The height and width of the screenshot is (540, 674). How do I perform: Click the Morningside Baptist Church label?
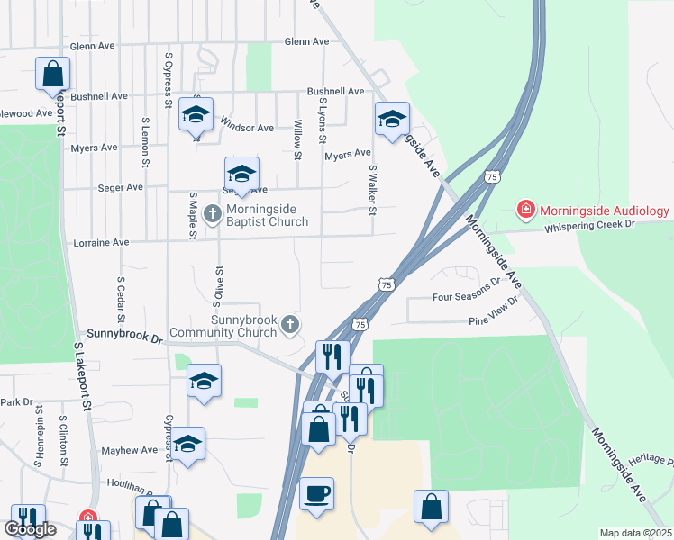coord(267,214)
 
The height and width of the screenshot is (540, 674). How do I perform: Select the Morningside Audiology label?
coord(605,211)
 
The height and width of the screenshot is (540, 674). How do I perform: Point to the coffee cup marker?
coord(316,494)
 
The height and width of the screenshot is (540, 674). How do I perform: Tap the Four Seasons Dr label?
coord(466,295)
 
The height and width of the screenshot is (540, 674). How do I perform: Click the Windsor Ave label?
coord(246,128)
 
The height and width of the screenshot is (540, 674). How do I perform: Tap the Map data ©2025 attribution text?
coord(636,533)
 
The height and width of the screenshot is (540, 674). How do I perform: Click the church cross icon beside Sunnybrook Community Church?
coord(290,324)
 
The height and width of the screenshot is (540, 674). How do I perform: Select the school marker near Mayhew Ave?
coord(188,444)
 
